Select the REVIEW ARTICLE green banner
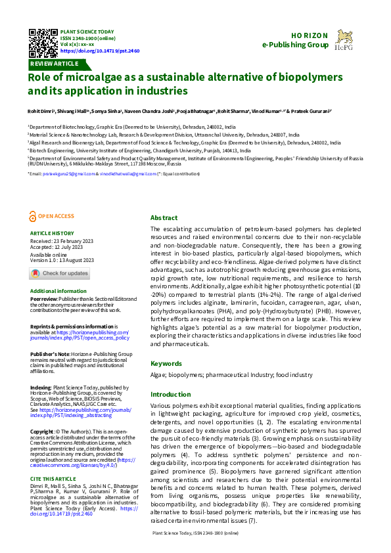tap(54, 64)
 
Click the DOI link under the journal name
tap(91, 50)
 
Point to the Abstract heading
tap(164, 217)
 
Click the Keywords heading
tap(166, 363)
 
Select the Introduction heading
tap(170, 395)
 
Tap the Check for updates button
tap(60, 273)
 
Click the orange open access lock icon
tap(33, 215)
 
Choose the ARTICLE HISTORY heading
tap(52, 233)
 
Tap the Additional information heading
tap(58, 290)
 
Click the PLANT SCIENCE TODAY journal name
tap(87, 32)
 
